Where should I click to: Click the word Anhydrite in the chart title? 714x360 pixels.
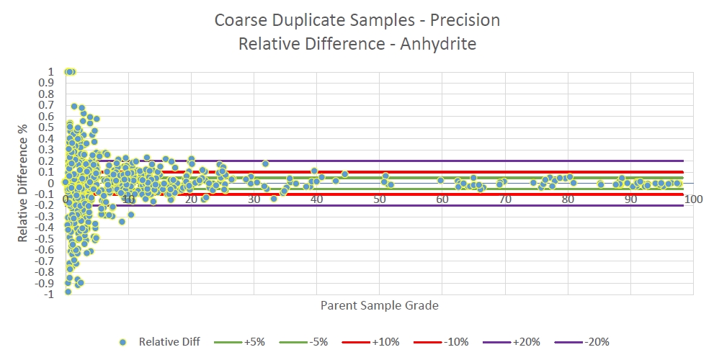click(438, 44)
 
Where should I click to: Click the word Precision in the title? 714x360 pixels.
click(465, 20)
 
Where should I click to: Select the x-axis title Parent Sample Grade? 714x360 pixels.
click(379, 305)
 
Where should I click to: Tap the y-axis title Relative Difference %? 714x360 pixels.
click(24, 183)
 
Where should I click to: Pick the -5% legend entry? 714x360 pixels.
click(303, 342)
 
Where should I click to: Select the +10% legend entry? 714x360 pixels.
click(370, 342)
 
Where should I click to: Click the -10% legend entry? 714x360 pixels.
click(441, 342)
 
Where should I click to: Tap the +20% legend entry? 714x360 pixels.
click(512, 342)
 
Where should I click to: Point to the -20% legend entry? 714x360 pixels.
click(582, 342)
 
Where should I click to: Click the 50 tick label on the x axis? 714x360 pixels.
click(379, 199)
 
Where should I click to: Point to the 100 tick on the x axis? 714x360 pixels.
click(694, 199)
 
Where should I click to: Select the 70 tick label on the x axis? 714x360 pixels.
click(505, 199)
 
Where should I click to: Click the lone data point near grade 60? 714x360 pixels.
click(440, 180)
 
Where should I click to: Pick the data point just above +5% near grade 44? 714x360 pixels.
click(344, 174)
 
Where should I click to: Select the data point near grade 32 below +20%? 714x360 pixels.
click(265, 163)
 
